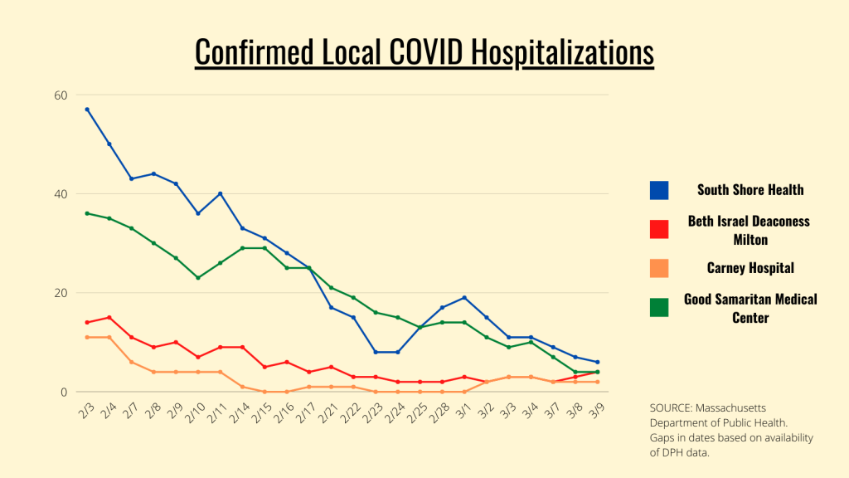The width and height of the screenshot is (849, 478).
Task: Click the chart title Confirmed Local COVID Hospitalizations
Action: [424, 51]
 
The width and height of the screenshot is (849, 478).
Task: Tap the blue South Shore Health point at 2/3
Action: [87, 110]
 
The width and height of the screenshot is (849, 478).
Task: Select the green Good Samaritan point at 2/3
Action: [87, 213]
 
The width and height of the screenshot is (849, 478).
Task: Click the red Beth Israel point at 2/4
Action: [109, 317]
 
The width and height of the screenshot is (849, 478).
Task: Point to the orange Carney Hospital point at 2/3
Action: [87, 337]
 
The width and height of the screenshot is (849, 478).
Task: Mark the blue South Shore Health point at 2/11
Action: [221, 193]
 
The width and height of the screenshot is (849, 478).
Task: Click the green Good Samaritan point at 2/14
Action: [243, 248]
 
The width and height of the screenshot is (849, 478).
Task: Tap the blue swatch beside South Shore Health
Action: [659, 190]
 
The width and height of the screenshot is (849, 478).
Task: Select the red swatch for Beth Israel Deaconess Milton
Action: [659, 229]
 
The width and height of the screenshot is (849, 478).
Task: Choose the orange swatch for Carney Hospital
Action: [659, 268]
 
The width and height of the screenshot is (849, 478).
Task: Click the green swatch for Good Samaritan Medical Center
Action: [659, 307]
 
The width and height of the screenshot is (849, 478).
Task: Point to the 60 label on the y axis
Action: [61, 95]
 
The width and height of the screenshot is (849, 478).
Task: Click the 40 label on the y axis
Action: [61, 193]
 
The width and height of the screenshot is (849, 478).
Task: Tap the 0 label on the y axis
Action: [64, 392]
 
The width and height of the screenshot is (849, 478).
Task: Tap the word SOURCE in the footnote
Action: [672, 407]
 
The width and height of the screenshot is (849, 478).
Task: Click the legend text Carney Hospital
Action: [750, 268]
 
